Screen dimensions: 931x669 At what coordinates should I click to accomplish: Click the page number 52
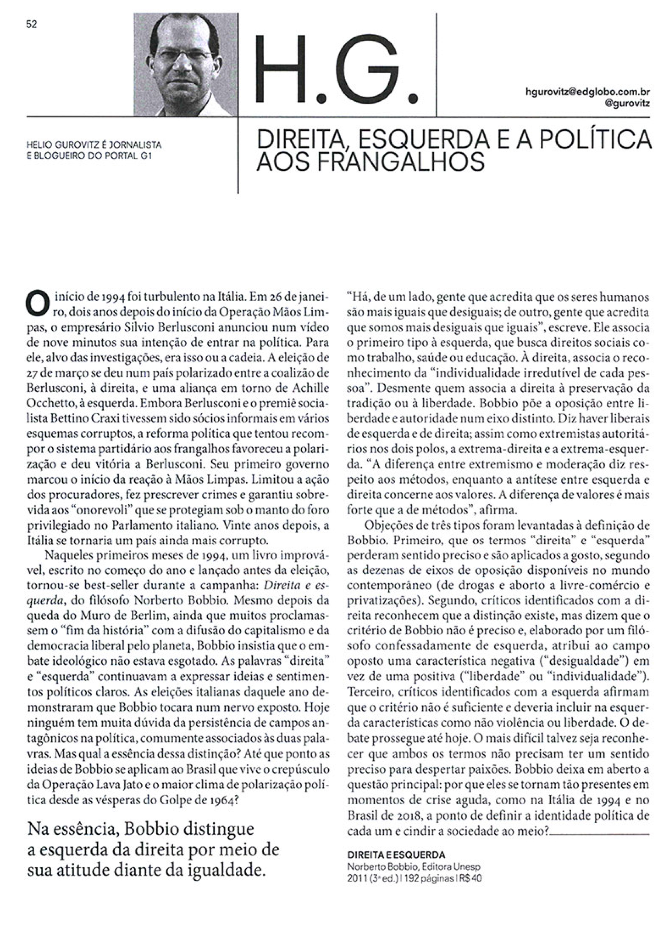tap(32, 25)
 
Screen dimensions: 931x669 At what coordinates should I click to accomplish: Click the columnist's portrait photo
tap(186, 64)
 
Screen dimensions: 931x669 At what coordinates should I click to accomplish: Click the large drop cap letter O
tap(35, 302)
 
